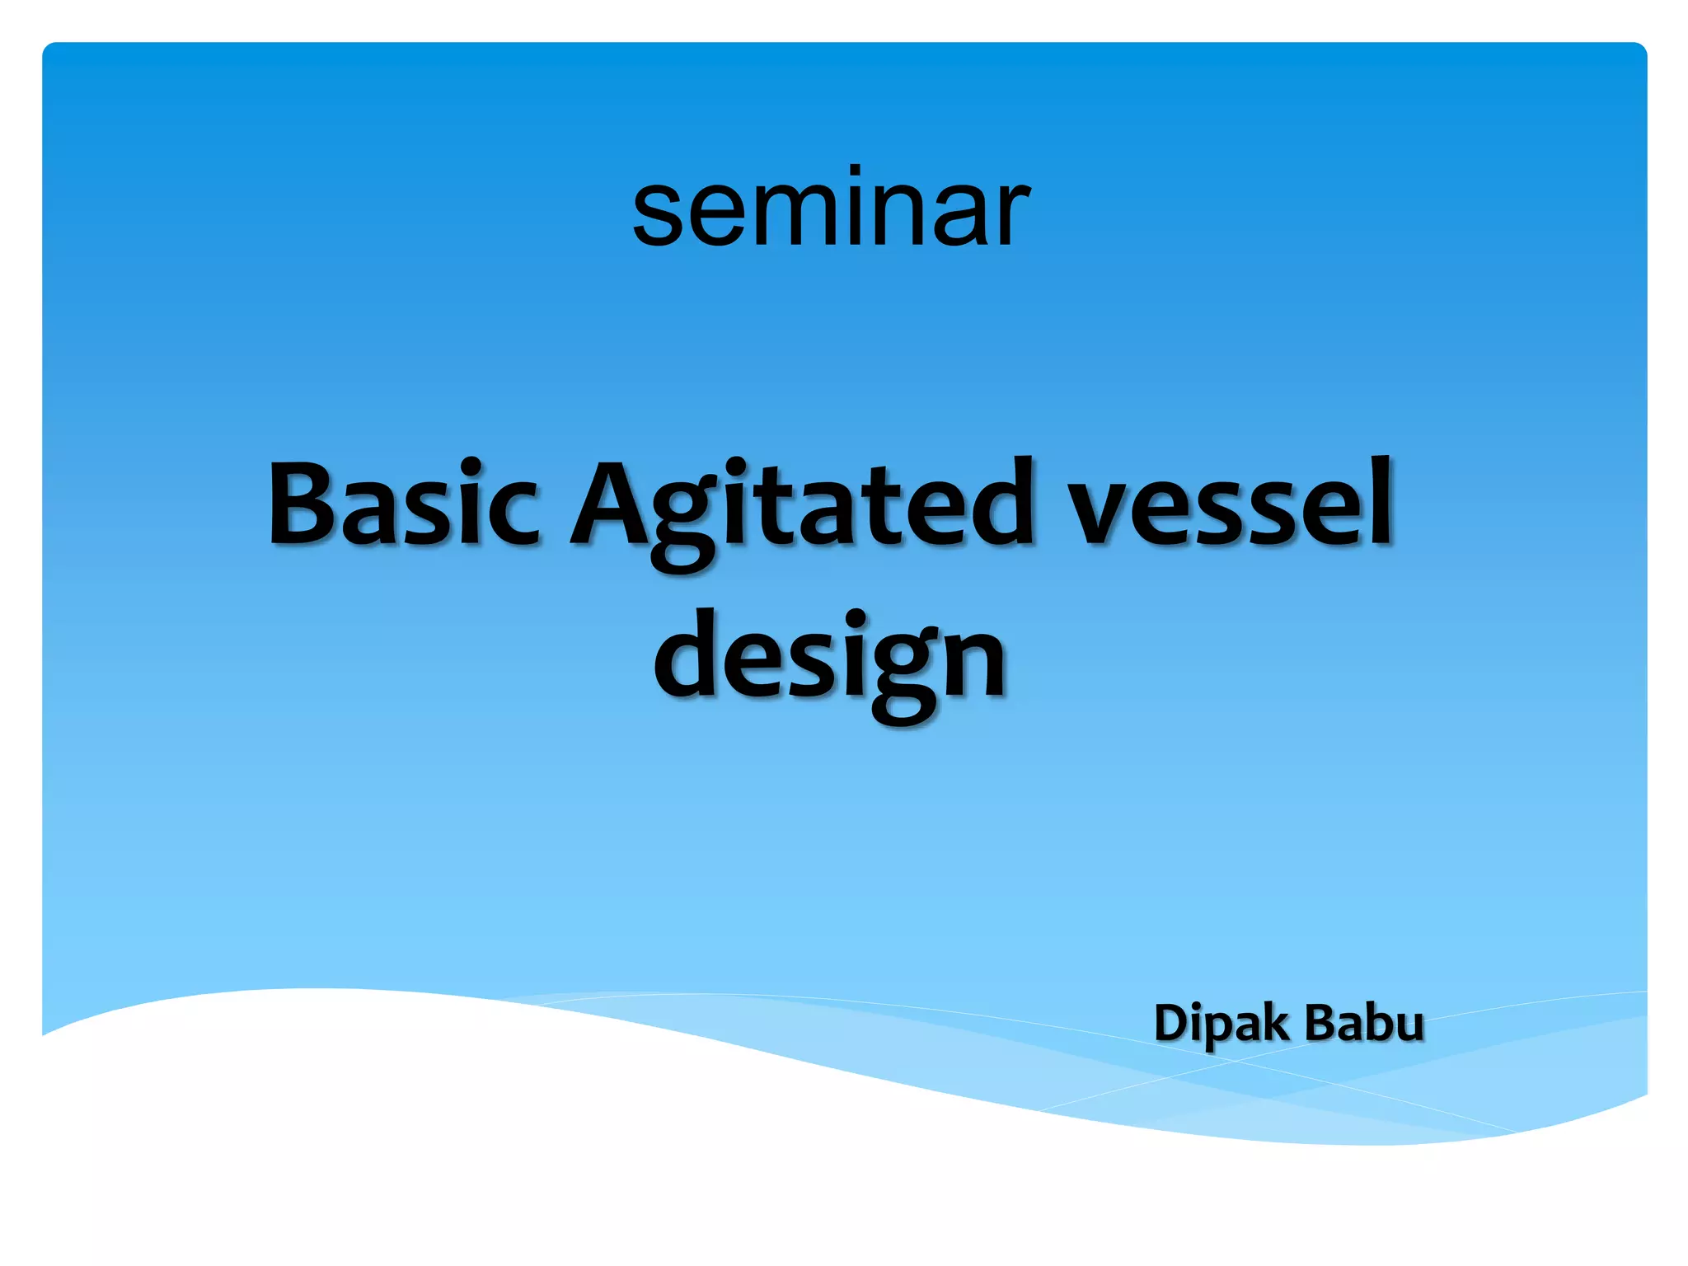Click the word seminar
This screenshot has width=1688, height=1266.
831,210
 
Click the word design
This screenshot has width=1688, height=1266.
830,659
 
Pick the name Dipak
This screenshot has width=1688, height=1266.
1221,1024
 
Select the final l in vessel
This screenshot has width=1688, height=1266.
1379,501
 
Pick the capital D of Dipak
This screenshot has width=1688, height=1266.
1171,1023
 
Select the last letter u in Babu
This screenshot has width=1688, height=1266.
1408,1027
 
